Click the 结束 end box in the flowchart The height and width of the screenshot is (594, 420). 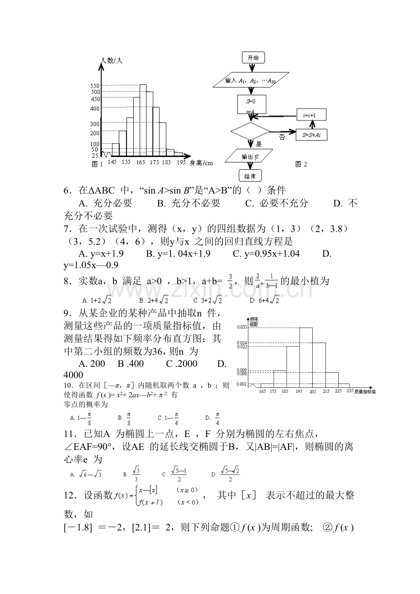click(250, 175)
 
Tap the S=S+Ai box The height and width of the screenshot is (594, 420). click(311, 135)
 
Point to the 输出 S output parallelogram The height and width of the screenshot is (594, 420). click(250, 157)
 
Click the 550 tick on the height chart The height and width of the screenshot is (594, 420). click(95, 85)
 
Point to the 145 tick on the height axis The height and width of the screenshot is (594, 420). click(112, 162)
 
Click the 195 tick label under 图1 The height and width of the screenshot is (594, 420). click(181, 162)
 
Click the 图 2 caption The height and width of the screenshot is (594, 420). click(301, 164)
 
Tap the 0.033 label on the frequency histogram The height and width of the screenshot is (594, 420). click(241, 327)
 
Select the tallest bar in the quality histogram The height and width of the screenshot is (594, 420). click(305, 356)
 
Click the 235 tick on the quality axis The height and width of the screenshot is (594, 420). click(350, 391)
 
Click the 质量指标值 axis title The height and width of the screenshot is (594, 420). click(365, 391)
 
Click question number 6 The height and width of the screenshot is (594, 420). click(68, 191)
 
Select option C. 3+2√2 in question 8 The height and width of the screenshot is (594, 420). click(208, 300)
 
